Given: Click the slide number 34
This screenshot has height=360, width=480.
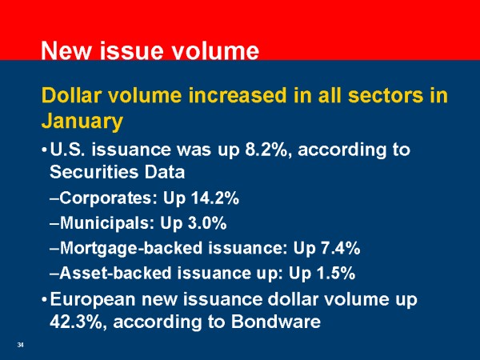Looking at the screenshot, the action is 21,345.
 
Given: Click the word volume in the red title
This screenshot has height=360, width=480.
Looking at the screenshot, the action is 215,50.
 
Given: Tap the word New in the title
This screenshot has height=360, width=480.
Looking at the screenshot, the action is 66,50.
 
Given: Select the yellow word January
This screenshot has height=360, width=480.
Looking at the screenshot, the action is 82,122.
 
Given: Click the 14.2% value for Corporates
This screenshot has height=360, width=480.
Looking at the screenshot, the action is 215,198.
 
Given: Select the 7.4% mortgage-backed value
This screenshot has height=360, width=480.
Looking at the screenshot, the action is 341,248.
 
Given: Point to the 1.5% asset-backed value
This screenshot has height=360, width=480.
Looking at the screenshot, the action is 336,273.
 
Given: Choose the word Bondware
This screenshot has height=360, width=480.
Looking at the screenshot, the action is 276,322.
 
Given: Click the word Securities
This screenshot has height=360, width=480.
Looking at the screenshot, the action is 94,172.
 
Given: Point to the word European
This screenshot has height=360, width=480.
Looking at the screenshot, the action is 93,299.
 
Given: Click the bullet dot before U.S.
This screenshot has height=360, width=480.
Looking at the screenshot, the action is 44,150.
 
